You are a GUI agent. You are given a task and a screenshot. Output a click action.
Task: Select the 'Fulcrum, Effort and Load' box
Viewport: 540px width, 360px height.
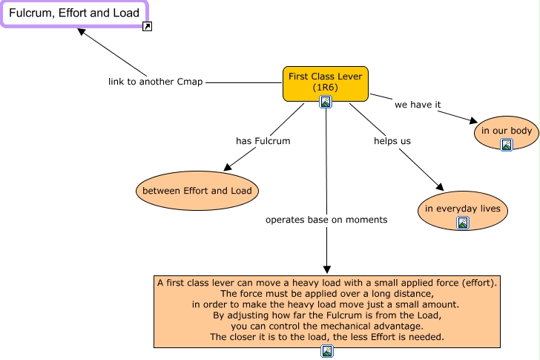coord(74,13)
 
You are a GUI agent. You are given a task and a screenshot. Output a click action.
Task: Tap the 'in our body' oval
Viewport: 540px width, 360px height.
coord(507,131)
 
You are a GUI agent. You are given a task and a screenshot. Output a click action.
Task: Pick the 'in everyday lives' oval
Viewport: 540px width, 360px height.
coord(463,209)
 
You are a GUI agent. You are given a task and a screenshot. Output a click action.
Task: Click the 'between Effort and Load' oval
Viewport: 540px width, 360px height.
coord(197,191)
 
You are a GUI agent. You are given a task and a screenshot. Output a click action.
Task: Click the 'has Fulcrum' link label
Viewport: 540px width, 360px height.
coord(263,140)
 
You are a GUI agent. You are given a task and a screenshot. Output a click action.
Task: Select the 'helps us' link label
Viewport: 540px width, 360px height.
coord(392,140)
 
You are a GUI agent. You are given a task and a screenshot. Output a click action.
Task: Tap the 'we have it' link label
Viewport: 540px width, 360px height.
coord(418,105)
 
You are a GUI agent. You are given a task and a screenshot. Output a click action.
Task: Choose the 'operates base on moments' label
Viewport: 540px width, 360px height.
coord(326,220)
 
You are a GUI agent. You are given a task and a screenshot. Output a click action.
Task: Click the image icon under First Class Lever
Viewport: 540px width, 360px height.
coord(325,102)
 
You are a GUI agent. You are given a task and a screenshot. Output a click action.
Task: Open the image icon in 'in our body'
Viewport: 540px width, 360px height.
coord(507,145)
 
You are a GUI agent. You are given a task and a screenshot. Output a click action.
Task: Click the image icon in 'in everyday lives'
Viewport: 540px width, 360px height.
coord(463,222)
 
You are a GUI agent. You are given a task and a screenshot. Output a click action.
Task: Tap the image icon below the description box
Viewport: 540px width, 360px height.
coord(327,351)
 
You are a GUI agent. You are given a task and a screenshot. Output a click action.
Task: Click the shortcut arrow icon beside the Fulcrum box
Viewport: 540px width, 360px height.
coord(148,27)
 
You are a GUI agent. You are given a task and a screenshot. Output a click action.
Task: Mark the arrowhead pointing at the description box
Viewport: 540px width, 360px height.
coord(326,269)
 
